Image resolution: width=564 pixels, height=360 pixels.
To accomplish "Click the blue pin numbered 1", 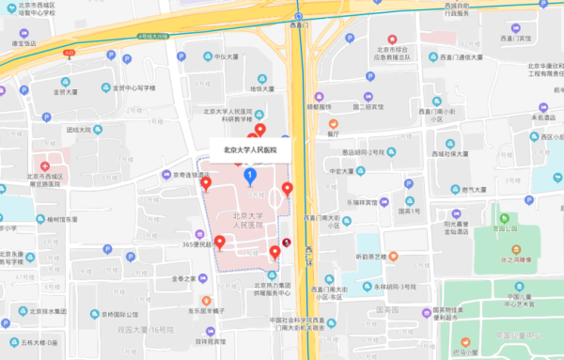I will coord(249,176).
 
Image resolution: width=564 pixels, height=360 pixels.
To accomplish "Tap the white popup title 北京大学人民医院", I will coord(250,149).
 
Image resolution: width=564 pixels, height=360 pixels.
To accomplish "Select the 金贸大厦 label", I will coord(72,92).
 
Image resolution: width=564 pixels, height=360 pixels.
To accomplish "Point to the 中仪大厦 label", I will coord(227,56).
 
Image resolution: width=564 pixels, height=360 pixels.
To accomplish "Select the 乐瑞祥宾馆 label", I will coord(368,202).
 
